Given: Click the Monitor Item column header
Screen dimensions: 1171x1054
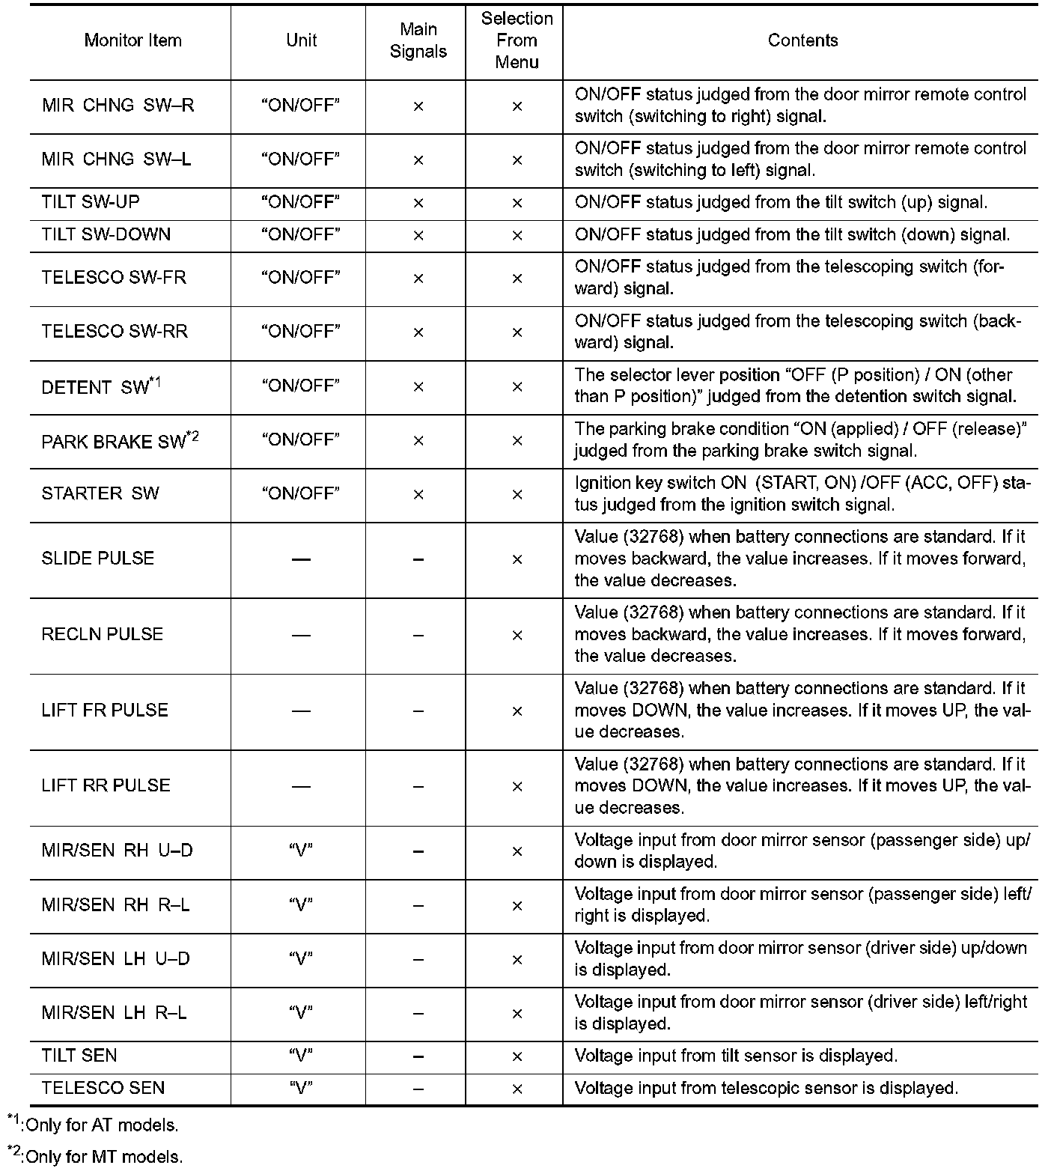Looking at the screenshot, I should click(x=132, y=40).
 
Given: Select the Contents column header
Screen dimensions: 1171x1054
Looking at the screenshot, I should click(x=802, y=40).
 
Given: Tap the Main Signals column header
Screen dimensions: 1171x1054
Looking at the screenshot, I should click(x=418, y=40).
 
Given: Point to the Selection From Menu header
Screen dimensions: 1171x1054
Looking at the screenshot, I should click(x=517, y=40).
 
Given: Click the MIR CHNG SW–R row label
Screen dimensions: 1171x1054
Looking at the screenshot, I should click(x=118, y=106).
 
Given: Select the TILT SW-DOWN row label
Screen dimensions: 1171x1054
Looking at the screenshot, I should click(x=106, y=235).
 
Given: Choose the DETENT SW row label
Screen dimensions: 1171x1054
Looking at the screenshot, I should click(x=101, y=387).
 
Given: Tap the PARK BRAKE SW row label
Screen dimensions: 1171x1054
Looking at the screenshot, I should click(x=120, y=441).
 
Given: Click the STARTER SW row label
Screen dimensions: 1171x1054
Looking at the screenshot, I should click(x=100, y=493).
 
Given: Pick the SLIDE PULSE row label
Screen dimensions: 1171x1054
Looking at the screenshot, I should click(x=98, y=559).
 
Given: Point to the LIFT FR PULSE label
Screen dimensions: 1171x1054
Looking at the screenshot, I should click(x=105, y=711).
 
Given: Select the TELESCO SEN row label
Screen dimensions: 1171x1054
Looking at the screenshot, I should click(x=103, y=1089).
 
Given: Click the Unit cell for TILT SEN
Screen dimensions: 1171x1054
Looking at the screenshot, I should click(x=301, y=1056).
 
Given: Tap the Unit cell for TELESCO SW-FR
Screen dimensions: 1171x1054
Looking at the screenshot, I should click(x=301, y=278).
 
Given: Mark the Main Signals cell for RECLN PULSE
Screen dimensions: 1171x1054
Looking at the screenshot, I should click(x=418, y=636).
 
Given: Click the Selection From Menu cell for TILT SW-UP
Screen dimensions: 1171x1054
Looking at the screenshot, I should click(x=517, y=203).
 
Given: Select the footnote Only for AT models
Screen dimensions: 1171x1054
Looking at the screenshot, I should click(x=96, y=1125).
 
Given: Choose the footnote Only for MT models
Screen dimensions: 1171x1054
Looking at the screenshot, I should click(x=97, y=1157).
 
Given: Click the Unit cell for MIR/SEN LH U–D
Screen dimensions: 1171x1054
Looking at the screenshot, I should click(x=301, y=959).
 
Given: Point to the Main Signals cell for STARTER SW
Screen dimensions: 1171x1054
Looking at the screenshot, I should click(x=418, y=495).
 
